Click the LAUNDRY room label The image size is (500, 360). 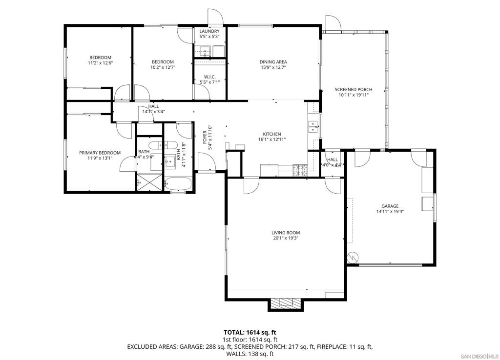pos(209,31)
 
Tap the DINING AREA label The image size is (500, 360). pos(273,62)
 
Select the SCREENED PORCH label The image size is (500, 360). pos(354,90)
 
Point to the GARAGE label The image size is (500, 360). pos(390,206)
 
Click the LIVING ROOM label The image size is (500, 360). pos(286,233)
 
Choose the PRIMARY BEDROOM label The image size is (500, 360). pos(100,153)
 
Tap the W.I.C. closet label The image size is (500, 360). pos(210,77)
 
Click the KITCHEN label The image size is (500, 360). pos(271,134)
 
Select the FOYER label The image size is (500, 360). pos(205,137)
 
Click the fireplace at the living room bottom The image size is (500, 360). pos(285,304)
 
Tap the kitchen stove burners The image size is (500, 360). pos(300,170)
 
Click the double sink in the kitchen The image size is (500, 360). pos(314,126)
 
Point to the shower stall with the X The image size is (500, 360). pos(149,182)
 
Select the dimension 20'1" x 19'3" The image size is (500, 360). pos(286,238)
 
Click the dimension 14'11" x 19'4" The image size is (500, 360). pos(390,211)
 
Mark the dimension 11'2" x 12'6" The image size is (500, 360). pos(100,63)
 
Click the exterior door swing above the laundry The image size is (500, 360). pos(215,17)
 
